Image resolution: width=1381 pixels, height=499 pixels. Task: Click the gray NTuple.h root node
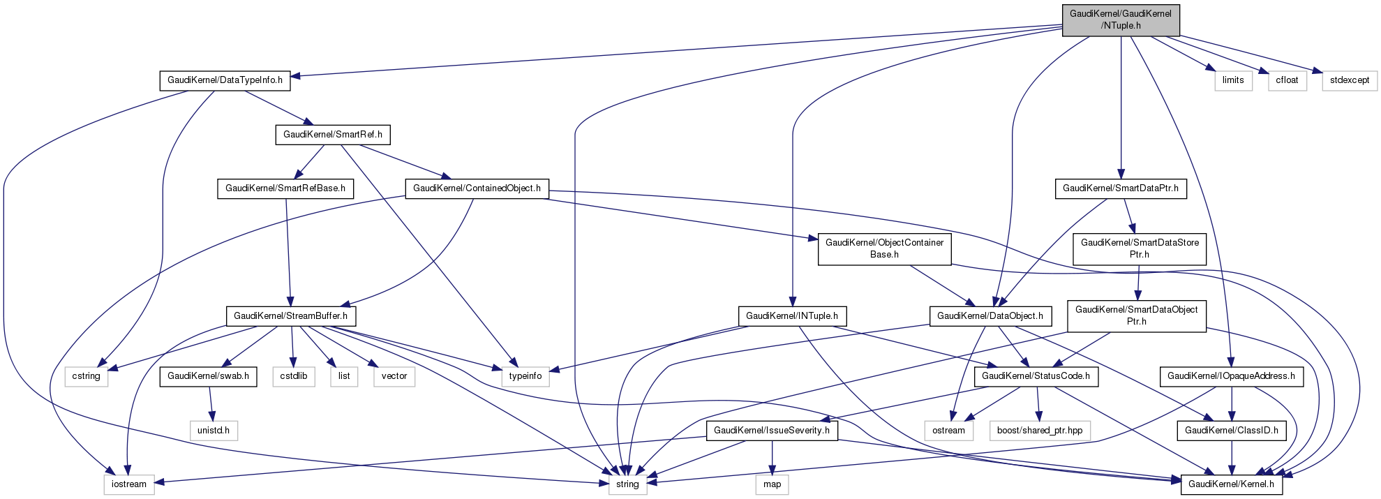[x=1120, y=20]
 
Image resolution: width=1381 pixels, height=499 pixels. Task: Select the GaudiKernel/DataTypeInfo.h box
[x=225, y=80]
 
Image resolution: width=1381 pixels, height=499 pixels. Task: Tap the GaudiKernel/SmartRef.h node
[x=332, y=134]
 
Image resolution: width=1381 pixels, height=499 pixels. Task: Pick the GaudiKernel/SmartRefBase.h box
[x=285, y=188]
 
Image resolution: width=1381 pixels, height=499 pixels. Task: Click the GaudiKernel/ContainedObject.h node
[x=477, y=188]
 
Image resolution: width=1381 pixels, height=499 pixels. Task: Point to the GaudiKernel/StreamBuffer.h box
[x=290, y=316]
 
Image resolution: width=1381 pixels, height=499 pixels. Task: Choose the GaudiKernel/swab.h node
[x=208, y=376]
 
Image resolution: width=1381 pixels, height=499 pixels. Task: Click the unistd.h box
[x=213, y=431]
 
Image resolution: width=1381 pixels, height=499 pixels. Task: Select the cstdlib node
[x=293, y=376]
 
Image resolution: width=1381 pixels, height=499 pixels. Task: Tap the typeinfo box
[x=525, y=376]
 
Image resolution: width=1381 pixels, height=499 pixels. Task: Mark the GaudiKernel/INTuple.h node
[x=791, y=316]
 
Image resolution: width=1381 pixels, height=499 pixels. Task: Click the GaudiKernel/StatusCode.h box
[x=1036, y=376]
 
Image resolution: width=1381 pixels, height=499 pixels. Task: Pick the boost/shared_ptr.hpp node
[x=1039, y=431]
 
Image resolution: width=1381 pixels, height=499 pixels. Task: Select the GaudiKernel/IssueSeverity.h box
[x=771, y=431]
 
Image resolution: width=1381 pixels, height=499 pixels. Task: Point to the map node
[x=772, y=484]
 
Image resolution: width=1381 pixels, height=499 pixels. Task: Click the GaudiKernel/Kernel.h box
[x=1231, y=484]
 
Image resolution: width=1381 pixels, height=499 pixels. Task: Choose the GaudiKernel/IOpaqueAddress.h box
[x=1231, y=376]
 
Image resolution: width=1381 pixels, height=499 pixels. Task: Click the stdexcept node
[x=1349, y=80]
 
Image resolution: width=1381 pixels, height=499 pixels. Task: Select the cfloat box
[x=1287, y=80]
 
